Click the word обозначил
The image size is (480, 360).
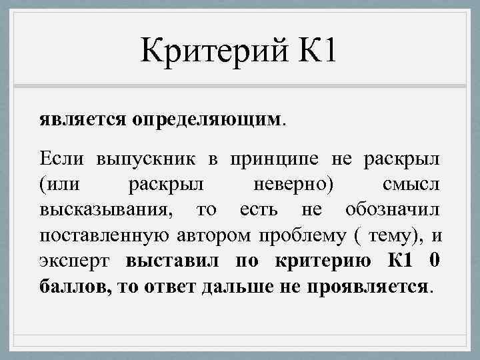point(393,209)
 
